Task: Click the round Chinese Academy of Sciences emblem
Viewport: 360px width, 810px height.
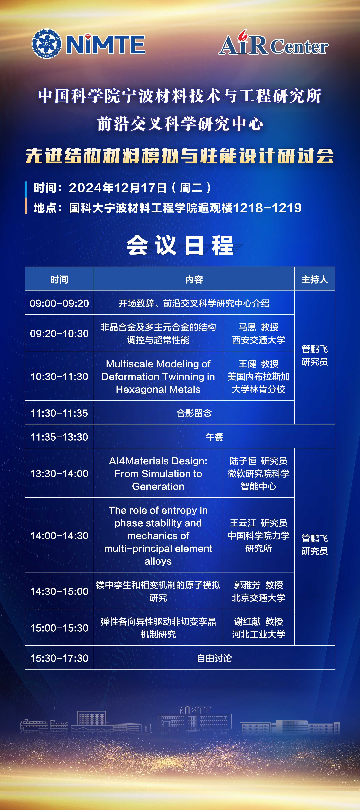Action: tap(47, 44)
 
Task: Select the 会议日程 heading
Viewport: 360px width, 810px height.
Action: tap(180, 245)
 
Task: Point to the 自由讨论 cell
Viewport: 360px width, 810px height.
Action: tap(214, 658)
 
